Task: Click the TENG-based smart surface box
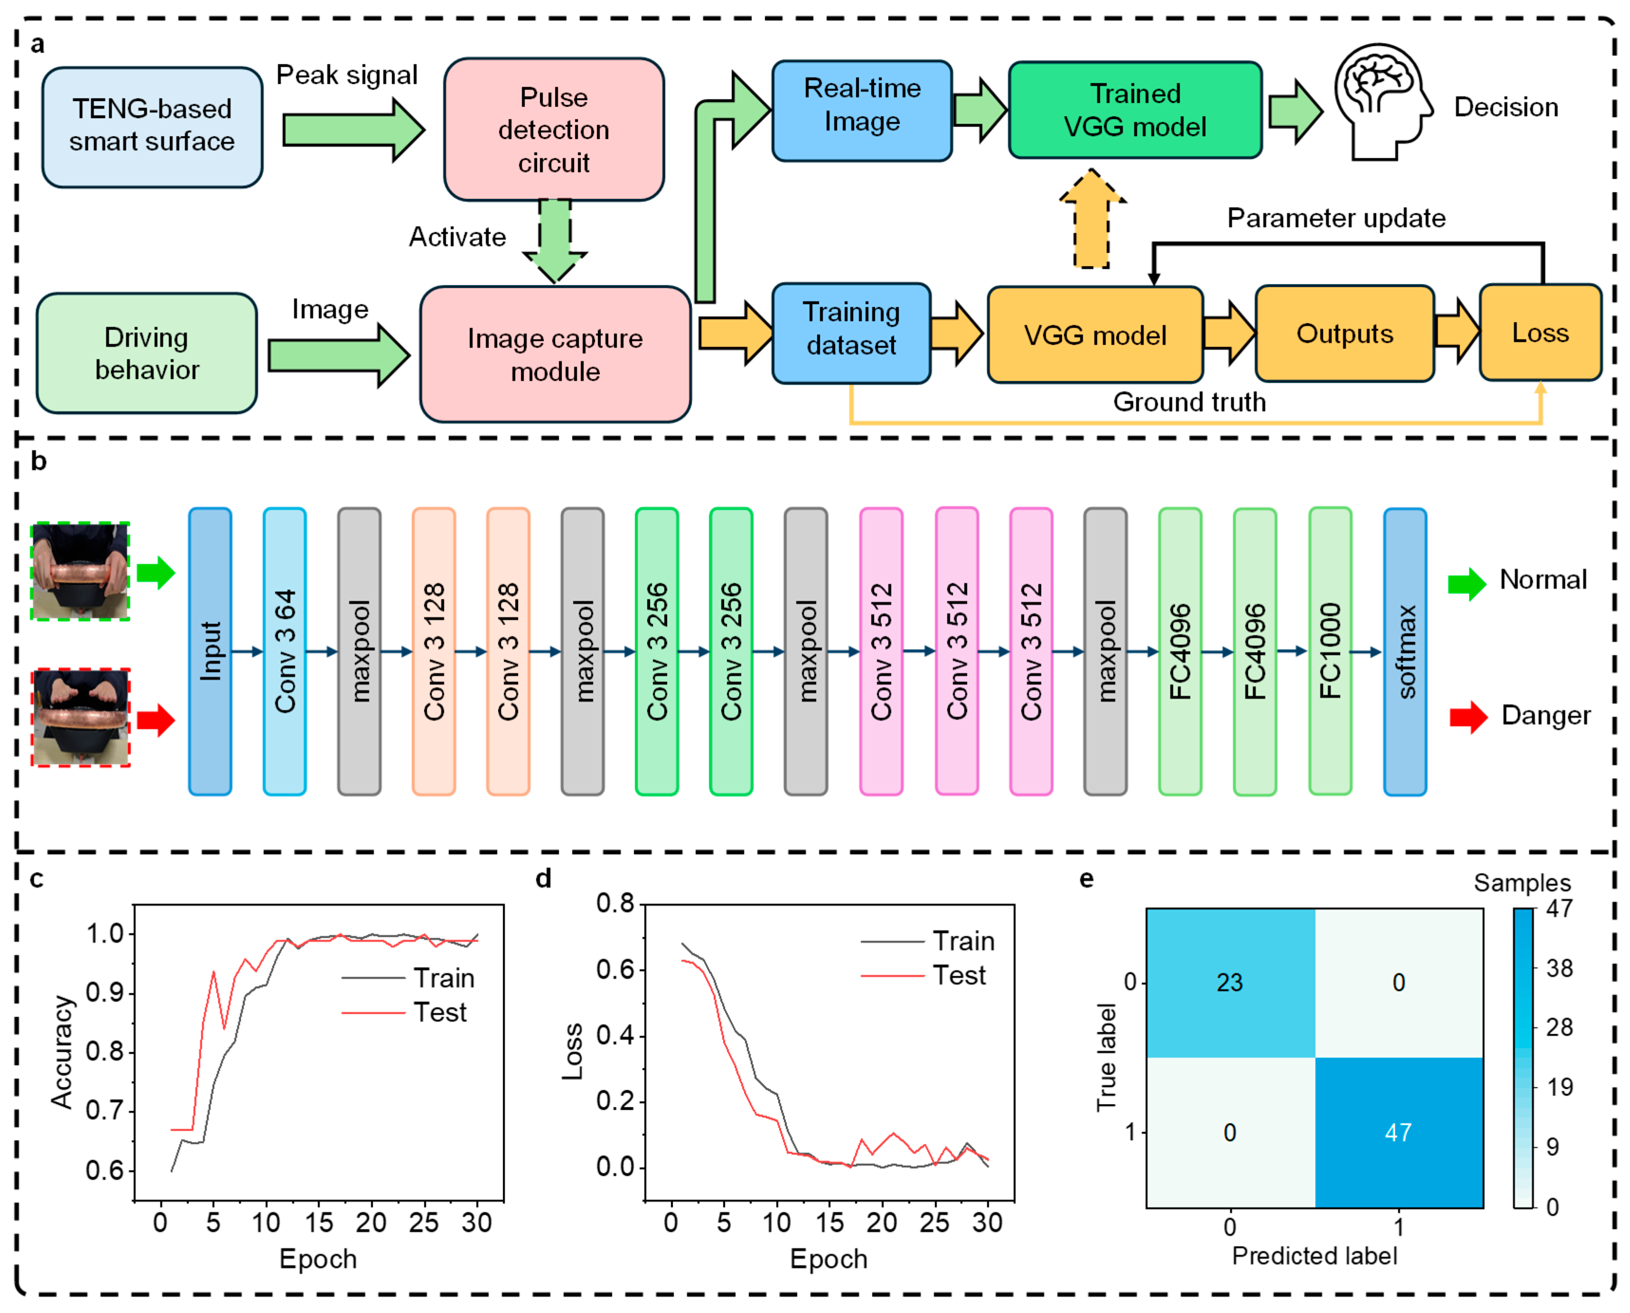coord(152,126)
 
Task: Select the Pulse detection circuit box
coord(554,130)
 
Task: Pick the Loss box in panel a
coord(1540,333)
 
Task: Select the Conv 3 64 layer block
coord(284,651)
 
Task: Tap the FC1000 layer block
coord(1330,651)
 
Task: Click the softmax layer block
coord(1405,651)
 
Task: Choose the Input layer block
coord(210,651)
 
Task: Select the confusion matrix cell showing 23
coord(1230,982)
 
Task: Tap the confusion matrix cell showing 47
coord(1398,1132)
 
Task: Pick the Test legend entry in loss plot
coord(959,976)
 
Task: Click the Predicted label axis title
coord(1314,1256)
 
